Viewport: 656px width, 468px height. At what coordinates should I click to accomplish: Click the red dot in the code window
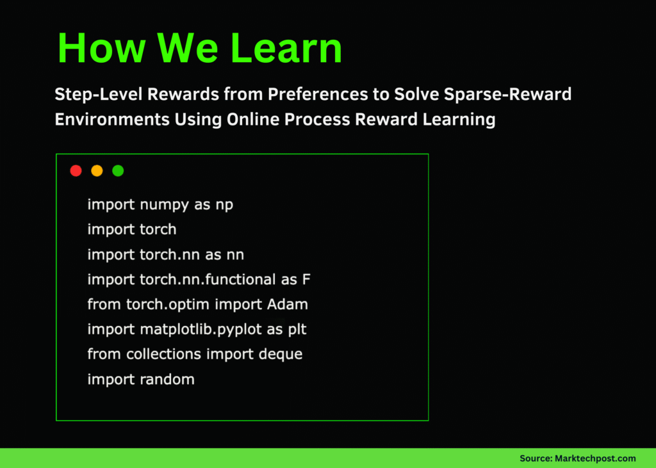coord(76,171)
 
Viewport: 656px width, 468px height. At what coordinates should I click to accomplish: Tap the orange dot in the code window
coord(97,171)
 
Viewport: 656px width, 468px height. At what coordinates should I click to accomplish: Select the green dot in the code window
coord(118,171)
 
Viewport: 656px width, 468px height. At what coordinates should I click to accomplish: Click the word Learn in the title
coord(286,48)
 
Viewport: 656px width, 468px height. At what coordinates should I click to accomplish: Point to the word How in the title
coord(101,48)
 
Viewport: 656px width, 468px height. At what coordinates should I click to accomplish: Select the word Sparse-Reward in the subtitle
coord(507,95)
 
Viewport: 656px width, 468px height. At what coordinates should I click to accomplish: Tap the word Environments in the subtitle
coord(112,120)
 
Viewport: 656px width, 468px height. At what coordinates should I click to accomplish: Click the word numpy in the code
coord(164,205)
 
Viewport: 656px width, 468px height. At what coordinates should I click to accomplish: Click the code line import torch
coord(132,229)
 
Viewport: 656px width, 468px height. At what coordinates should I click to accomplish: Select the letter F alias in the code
coord(306,279)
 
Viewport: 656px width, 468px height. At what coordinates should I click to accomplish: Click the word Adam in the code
coord(288,305)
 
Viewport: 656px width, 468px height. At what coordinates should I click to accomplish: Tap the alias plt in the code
coord(297,330)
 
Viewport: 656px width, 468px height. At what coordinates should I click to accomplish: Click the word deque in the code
coord(281,355)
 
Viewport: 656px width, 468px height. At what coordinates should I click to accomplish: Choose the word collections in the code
coord(163,354)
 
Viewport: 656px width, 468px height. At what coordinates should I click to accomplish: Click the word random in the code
coord(167,380)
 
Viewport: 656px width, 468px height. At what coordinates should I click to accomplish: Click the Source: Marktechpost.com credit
coord(577,458)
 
